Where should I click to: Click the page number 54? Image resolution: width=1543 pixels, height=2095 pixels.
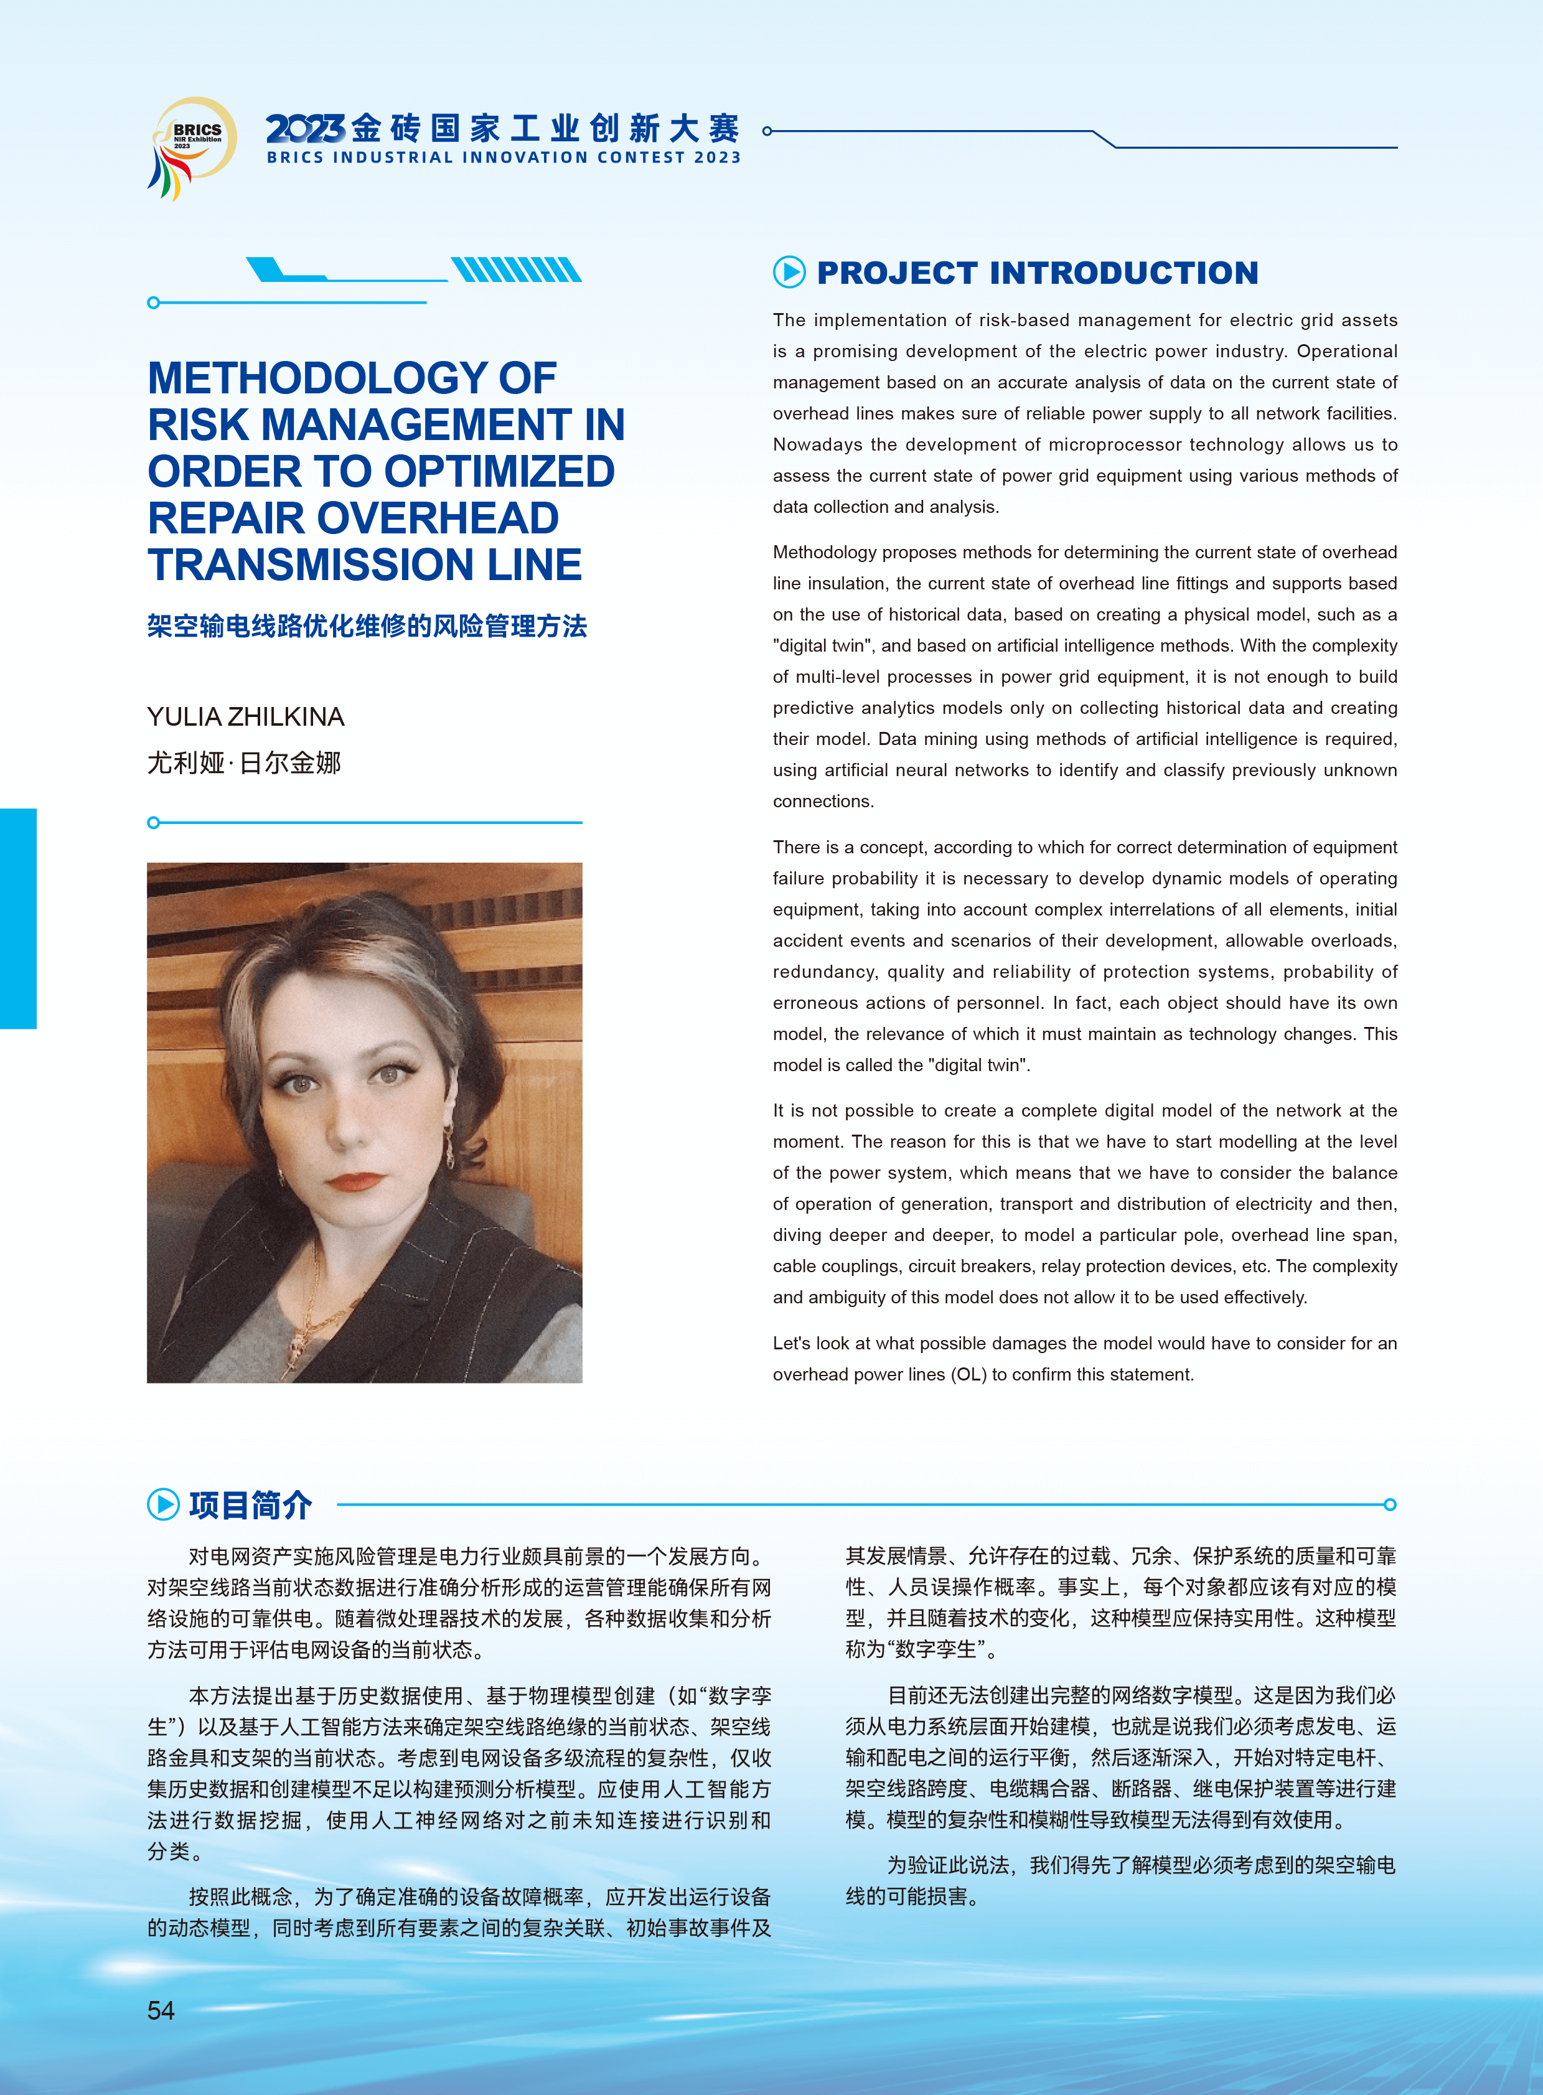pos(161,2010)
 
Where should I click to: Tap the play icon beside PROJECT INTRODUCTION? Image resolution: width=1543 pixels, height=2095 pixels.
pos(789,272)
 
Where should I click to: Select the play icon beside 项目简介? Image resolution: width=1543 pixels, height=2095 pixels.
pos(164,1504)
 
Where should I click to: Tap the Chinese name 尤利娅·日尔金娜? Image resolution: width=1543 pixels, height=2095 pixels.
pos(244,763)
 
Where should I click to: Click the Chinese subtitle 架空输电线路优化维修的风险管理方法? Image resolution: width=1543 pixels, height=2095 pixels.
pos(367,626)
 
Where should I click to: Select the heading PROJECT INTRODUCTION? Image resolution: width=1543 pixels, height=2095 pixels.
pos(1037,273)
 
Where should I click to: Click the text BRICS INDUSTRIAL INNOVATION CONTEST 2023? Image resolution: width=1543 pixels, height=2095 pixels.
pos(504,158)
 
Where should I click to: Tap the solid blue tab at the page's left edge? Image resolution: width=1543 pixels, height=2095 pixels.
pos(18,918)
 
